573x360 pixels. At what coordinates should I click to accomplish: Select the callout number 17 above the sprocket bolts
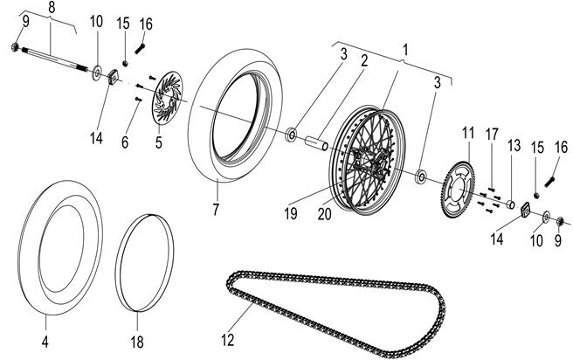click(493, 135)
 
